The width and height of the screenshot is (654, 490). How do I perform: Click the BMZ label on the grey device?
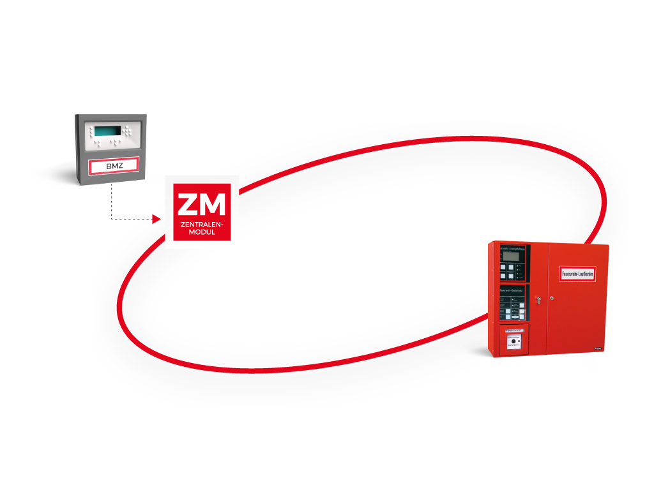click(113, 166)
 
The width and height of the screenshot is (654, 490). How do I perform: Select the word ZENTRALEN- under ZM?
click(202, 226)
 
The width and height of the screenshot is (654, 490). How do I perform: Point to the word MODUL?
click(202, 234)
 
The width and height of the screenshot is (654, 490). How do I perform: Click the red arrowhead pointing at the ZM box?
click(156, 219)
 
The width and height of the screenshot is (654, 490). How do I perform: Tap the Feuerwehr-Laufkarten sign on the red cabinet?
click(577, 272)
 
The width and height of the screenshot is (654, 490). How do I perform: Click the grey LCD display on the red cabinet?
click(510, 255)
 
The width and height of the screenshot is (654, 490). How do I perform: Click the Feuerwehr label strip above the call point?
click(514, 330)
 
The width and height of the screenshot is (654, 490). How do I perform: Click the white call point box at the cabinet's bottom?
click(514, 345)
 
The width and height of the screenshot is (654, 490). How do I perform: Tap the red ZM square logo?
click(202, 212)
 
